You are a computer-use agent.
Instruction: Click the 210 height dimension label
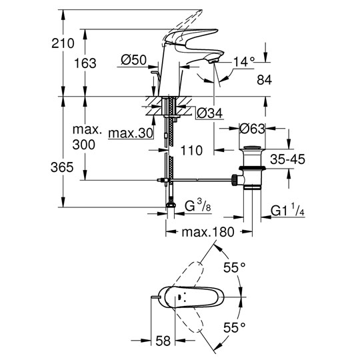click(63, 43)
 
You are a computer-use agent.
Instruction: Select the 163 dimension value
click(85, 63)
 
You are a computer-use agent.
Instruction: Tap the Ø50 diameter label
click(133, 60)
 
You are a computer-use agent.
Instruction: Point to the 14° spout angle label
click(244, 62)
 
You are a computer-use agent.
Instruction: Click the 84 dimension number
click(264, 80)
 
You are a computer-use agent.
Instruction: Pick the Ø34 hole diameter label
click(210, 113)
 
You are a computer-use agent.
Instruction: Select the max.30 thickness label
click(131, 133)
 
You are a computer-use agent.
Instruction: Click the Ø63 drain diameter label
click(252, 129)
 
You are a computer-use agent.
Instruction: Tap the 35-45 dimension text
click(288, 159)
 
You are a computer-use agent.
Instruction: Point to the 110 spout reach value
click(191, 151)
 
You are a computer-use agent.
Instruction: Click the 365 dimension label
click(62, 167)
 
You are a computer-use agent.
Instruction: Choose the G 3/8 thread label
click(198, 205)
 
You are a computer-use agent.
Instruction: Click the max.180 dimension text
click(208, 232)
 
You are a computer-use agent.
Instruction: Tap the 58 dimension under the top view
click(163, 341)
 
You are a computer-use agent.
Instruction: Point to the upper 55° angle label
click(235, 267)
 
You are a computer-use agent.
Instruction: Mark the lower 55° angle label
click(235, 327)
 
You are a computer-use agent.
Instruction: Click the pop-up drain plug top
click(252, 147)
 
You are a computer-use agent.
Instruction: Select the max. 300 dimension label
click(87, 137)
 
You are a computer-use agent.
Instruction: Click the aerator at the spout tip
click(213, 61)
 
